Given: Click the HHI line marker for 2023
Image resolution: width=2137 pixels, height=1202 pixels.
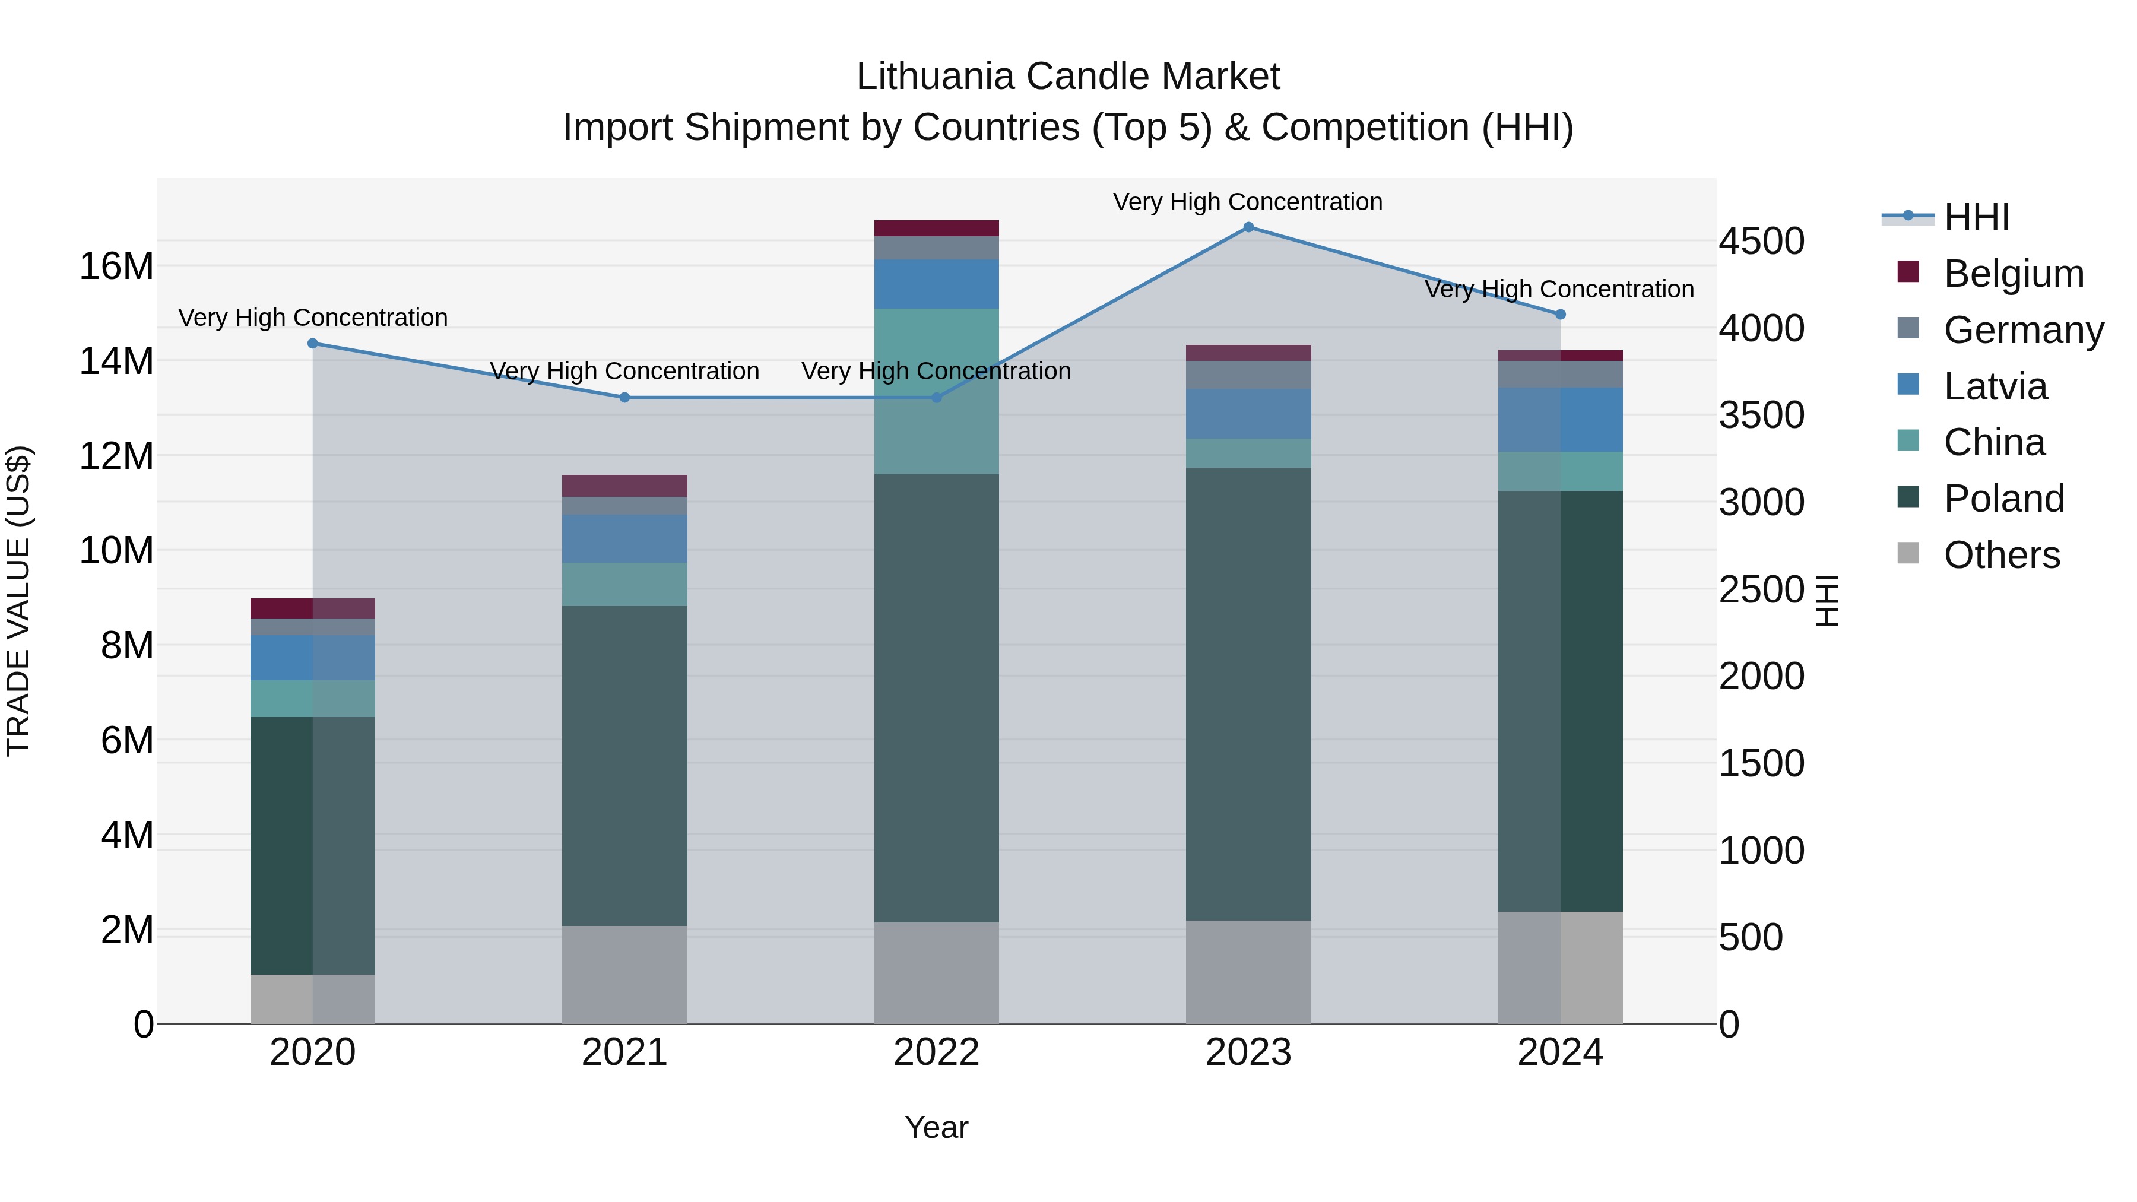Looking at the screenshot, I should pos(1248,227).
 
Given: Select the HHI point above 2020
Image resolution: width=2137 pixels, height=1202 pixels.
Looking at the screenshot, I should pos(313,344).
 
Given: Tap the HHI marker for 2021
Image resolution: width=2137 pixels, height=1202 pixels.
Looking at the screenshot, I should pos(624,397).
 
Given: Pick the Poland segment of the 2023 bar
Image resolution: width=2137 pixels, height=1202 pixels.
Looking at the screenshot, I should pos(1248,693).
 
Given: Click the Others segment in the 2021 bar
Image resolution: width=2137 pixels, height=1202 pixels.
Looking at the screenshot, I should pos(624,974).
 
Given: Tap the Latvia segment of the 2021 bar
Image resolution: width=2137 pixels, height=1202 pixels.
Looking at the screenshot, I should pos(624,538).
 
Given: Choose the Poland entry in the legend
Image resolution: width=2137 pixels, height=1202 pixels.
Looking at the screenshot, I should pos(2003,499).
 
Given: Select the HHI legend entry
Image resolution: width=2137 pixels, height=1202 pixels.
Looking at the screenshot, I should pos(1976,217).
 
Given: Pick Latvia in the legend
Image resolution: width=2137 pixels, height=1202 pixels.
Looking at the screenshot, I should pos(1995,386).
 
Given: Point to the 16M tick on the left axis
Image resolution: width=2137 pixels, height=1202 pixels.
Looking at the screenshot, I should pos(116,267).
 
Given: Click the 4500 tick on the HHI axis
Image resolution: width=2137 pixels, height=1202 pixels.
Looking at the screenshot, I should pos(1761,242).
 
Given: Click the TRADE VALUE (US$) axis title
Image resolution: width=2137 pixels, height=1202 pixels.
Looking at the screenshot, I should pos(18,601).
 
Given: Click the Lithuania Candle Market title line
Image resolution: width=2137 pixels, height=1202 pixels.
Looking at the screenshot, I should pos(1068,77).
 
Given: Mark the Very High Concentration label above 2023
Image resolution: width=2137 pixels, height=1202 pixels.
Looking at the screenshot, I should pos(1248,202).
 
